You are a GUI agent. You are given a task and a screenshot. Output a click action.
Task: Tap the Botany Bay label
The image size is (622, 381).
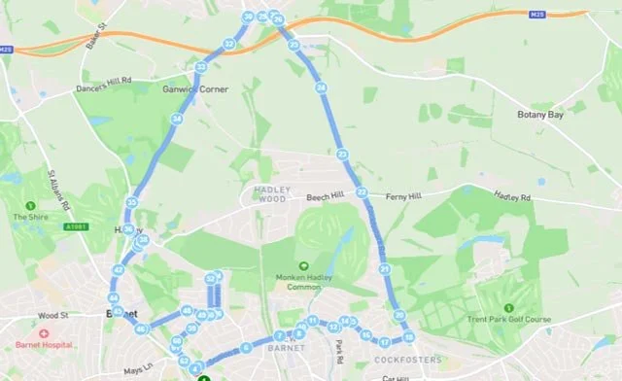540,115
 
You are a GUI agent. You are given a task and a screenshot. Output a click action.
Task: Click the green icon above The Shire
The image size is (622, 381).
31,206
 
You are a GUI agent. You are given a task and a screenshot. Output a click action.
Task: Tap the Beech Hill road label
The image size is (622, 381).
325,196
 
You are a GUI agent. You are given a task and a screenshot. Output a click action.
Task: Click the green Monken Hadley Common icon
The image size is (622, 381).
303,265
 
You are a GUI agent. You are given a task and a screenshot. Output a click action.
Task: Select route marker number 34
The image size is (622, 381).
177,120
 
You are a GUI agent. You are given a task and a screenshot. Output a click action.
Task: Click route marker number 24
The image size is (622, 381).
321,88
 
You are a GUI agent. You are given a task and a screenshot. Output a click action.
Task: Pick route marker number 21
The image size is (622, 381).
385,268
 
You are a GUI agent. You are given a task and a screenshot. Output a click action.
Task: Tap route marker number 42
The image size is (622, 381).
119,269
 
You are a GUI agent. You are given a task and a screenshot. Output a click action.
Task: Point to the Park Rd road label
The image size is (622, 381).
340,351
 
